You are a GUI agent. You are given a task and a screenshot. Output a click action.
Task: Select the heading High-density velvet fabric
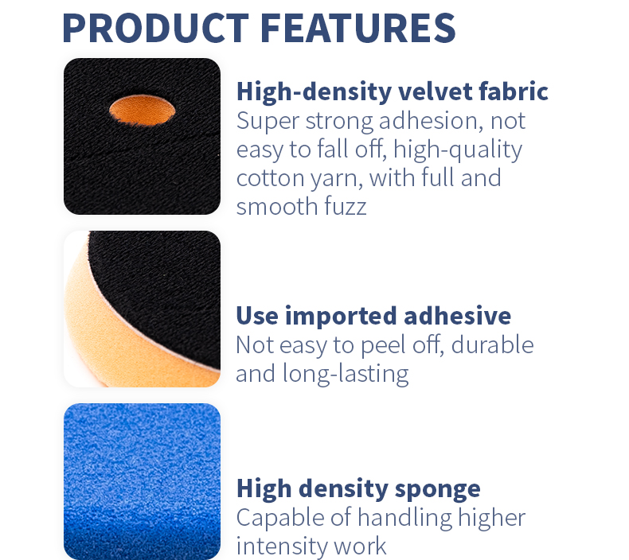coord(392,91)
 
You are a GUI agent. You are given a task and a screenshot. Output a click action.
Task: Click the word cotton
coord(268,177)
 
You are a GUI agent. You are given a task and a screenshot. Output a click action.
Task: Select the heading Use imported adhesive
coord(373,316)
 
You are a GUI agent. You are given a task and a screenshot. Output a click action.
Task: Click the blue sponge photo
coord(142,481)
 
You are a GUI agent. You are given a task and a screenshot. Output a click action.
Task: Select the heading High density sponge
coord(358,488)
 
